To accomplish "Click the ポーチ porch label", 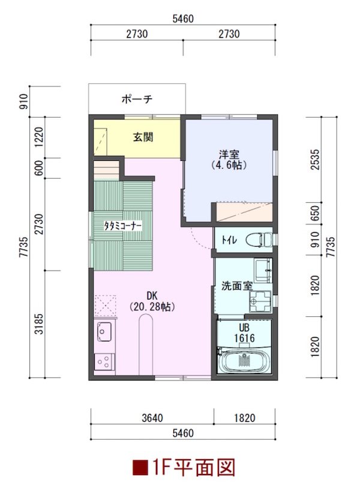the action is click(x=137, y=99).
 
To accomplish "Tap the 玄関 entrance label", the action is click(x=143, y=137).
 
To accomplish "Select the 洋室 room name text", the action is click(x=229, y=155).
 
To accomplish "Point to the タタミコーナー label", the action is click(x=123, y=226).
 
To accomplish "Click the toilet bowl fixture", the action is click(x=259, y=241).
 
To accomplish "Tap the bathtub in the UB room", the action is click(x=244, y=360).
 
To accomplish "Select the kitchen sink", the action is click(x=104, y=332).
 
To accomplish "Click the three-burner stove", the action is click(x=104, y=362).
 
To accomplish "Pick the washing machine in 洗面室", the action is click(x=260, y=301).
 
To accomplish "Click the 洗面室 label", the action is click(x=237, y=286).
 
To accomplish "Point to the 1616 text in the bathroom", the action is click(x=244, y=338).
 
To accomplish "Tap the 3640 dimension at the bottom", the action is click(x=152, y=418).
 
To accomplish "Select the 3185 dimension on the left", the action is click(x=39, y=323).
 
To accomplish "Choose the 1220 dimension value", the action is click(x=39, y=137).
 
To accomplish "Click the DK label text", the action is click(x=152, y=295).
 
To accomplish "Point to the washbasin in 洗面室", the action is click(x=263, y=271).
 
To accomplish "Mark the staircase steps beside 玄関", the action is click(x=106, y=170).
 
